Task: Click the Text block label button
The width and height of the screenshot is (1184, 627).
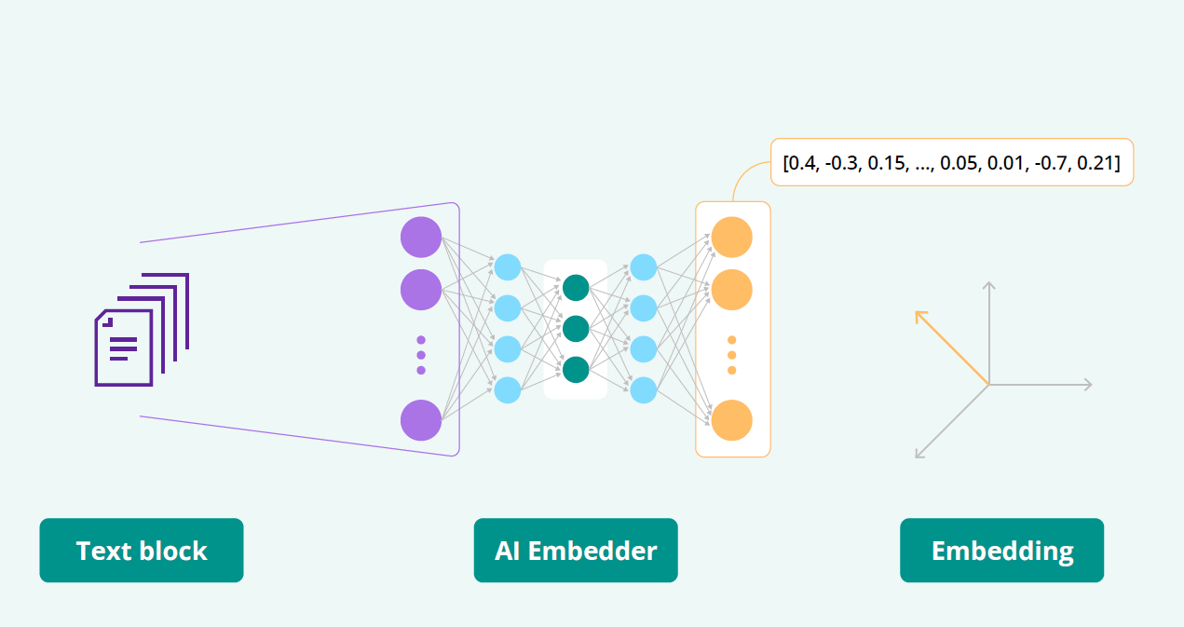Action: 142,551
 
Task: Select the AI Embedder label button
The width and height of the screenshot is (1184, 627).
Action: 576,551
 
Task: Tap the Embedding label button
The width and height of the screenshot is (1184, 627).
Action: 1001,551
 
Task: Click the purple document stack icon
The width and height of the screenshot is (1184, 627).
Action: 142,330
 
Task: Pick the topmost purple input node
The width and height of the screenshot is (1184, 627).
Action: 421,237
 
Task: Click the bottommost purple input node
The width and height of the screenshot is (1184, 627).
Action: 421,420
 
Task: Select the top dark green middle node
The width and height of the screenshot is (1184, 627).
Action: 576,288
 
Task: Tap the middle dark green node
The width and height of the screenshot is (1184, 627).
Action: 576,329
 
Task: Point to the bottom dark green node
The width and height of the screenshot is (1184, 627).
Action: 576,370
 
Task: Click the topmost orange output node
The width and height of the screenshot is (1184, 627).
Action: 732,237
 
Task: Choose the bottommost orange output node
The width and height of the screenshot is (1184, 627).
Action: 732,420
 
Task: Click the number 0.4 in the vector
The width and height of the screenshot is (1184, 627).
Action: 801,163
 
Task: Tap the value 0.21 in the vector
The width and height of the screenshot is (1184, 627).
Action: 1099,163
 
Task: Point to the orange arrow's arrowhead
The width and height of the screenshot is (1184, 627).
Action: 919,315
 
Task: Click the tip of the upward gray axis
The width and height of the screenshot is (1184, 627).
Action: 989,282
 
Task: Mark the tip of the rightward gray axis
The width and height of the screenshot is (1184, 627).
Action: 1088,384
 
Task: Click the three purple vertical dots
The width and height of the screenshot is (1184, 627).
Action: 421,355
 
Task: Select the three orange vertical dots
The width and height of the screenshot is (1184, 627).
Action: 732,355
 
